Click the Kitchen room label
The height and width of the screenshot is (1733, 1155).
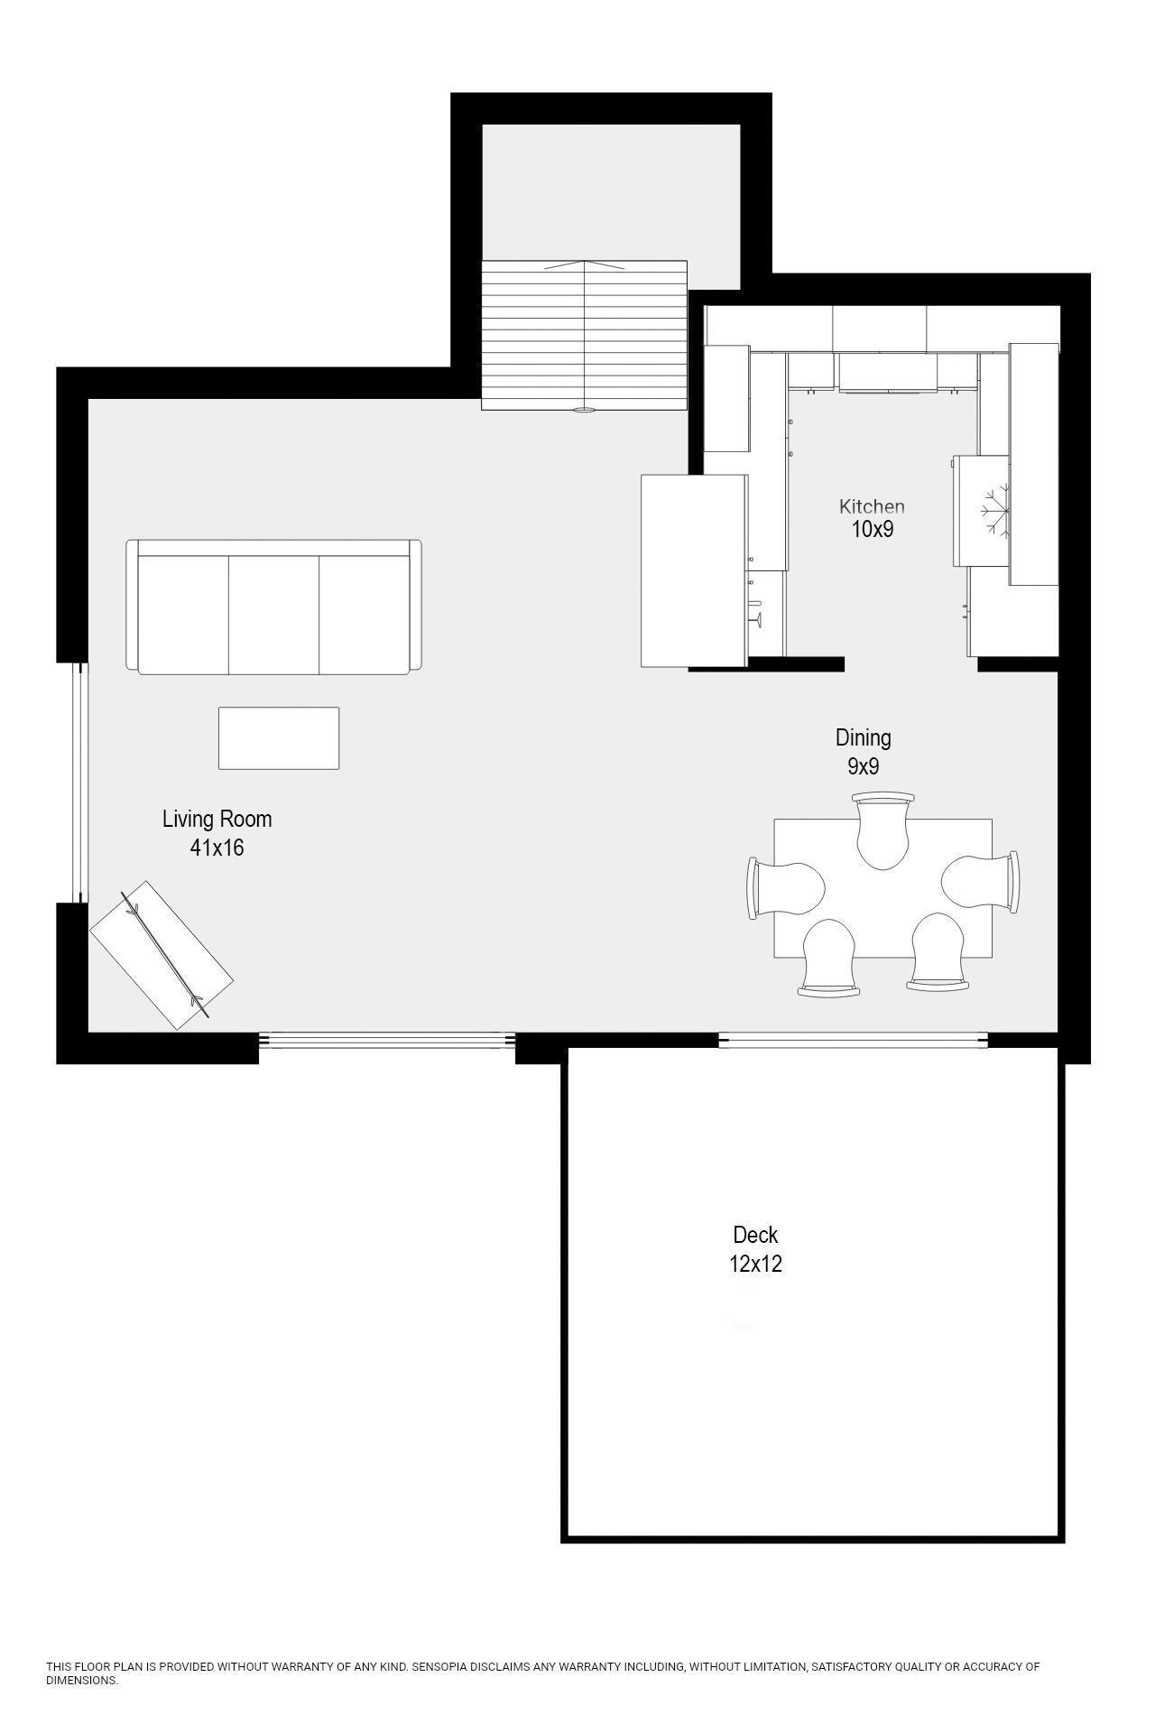(871, 506)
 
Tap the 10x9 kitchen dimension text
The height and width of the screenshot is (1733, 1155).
(872, 530)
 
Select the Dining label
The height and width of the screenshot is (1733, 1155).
(863, 738)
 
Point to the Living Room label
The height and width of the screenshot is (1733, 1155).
(217, 820)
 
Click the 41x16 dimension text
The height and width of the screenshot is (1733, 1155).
(217, 848)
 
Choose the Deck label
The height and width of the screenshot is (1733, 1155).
(755, 1235)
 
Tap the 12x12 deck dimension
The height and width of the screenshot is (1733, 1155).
(755, 1264)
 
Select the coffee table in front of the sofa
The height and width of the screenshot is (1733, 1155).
(279, 738)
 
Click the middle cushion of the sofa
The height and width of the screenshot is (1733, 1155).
(273, 614)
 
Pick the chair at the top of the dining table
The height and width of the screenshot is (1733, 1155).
(882, 829)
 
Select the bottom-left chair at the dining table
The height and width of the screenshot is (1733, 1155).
(828, 957)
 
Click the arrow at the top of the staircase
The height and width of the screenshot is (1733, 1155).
(585, 265)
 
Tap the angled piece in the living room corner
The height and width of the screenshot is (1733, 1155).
(162, 955)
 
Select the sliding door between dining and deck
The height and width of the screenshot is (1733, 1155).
(853, 1040)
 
